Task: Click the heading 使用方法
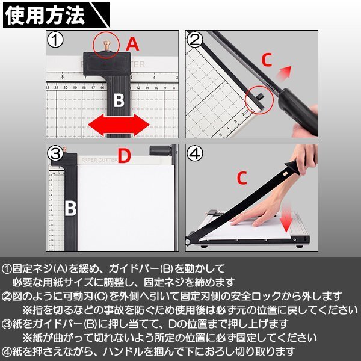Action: [x=45, y=16]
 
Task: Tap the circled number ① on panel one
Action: [x=55, y=40]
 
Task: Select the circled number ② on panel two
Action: [x=194, y=40]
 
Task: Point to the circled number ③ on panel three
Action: [x=55, y=154]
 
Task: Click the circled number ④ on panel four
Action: [x=194, y=154]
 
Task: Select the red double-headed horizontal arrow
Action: [x=118, y=126]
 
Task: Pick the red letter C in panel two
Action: [x=268, y=59]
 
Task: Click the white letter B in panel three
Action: [x=70, y=208]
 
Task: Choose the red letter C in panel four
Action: [x=241, y=179]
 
